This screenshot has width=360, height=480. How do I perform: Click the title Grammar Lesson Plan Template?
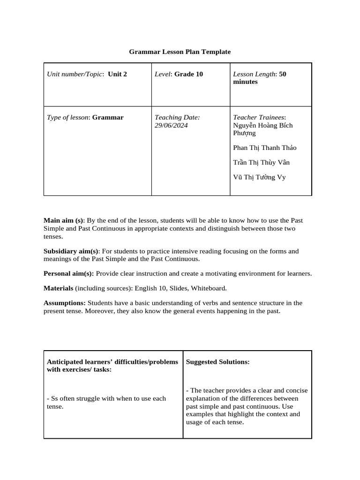[x=180, y=52]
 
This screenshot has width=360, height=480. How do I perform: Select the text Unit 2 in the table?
[x=117, y=74]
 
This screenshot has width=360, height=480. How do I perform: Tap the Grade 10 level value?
[x=188, y=74]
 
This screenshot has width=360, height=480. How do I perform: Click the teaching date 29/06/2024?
[x=171, y=126]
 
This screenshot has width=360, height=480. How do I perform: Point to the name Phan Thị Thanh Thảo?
[x=264, y=148]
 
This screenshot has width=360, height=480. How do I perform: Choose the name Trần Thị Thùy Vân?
[x=261, y=163]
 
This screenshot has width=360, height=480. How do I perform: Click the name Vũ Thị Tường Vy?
[x=259, y=177]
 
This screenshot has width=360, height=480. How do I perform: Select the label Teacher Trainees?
[x=259, y=118]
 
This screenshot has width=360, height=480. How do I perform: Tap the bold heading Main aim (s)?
[x=63, y=220]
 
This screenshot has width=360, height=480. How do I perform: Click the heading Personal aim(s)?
[x=68, y=274]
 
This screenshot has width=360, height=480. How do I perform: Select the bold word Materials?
[x=58, y=288]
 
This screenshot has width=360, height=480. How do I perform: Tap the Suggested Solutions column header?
[x=217, y=362]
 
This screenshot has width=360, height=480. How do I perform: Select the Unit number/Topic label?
[x=75, y=74]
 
